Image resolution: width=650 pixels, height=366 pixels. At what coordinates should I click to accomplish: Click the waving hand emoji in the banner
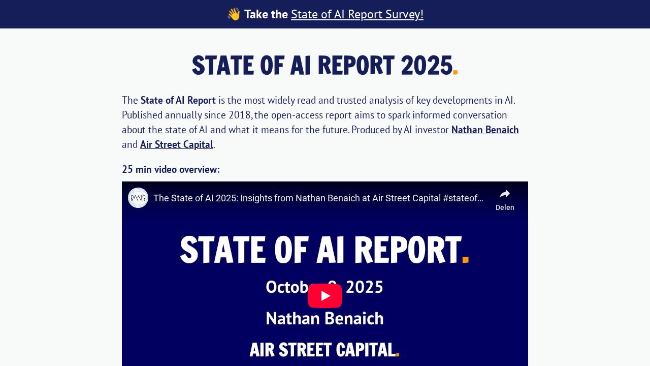(234, 14)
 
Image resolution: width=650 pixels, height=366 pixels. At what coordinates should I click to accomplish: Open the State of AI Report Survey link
(357, 14)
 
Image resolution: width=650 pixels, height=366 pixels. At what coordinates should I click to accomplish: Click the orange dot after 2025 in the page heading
(456, 72)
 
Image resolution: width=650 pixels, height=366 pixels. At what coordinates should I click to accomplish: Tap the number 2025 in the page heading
(426, 66)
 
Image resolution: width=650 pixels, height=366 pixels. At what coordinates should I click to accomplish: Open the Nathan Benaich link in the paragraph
(485, 130)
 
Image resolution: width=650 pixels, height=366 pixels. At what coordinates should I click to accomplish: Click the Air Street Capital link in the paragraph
(177, 144)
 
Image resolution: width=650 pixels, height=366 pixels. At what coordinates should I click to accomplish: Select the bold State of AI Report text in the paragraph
(178, 100)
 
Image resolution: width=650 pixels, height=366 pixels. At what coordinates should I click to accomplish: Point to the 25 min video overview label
(171, 169)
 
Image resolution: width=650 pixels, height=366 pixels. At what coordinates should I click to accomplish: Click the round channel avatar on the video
(138, 198)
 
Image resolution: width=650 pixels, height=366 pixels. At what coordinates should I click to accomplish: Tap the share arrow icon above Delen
(505, 194)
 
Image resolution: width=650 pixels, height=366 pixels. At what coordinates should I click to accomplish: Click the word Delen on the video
(505, 207)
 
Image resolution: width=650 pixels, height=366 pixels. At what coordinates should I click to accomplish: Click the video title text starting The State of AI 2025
(318, 198)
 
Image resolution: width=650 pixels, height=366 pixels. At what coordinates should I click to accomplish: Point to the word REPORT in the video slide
(407, 250)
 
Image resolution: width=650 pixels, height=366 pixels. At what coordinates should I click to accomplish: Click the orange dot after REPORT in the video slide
(465, 260)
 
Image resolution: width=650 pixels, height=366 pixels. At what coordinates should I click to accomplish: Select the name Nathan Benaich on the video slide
(324, 319)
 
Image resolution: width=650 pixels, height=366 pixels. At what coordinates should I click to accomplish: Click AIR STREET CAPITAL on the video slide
(322, 350)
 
